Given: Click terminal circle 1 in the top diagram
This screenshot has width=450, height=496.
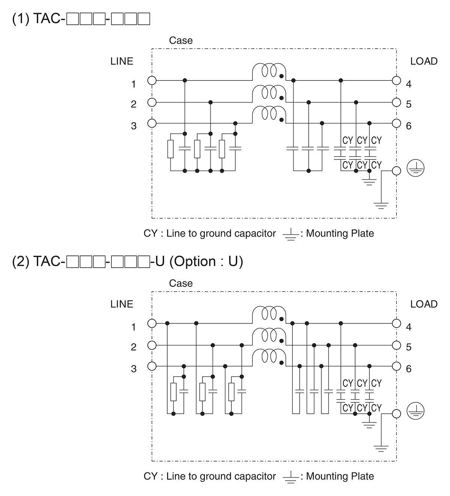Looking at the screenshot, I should [152, 80].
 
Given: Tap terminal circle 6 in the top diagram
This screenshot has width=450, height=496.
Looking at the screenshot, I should [396, 123].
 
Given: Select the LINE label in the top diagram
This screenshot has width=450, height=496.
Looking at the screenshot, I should [121, 61].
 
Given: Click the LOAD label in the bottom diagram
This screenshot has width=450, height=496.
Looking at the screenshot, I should [424, 304].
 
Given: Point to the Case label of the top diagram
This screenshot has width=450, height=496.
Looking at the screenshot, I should [181, 40].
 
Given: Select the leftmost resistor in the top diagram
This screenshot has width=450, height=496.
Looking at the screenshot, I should [170, 149].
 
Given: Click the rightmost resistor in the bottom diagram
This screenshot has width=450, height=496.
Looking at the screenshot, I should [231, 392].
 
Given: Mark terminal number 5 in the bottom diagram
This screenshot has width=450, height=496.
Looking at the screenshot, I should [409, 347].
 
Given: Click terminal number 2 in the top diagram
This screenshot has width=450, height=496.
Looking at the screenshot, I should [133, 104].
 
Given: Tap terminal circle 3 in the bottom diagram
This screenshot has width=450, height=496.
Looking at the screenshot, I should [152, 366].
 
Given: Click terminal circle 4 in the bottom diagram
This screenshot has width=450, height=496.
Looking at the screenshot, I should [396, 323].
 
